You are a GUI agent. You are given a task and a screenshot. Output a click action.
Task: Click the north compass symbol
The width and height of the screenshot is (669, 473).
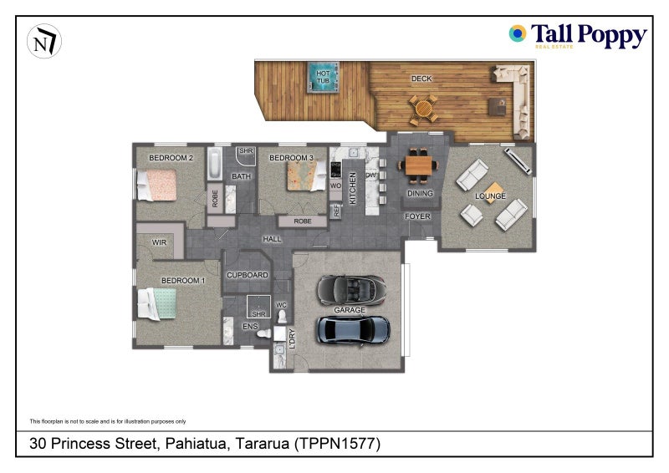pyautogui.click(x=44, y=42)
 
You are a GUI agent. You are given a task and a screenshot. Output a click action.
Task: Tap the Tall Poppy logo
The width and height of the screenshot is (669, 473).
pyautogui.click(x=578, y=35)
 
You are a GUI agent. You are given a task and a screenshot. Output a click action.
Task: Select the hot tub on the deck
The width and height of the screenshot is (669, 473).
pyautogui.click(x=323, y=77)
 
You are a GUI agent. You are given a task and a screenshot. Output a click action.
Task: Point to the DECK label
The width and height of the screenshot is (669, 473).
pyautogui.click(x=421, y=79)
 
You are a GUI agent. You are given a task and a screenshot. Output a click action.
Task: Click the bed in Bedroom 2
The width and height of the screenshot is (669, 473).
pyautogui.click(x=156, y=186)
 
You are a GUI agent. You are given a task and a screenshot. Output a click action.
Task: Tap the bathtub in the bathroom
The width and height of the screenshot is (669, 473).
pyautogui.click(x=215, y=163)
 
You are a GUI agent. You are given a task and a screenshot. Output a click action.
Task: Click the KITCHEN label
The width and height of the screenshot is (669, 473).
pyautogui.click(x=353, y=188)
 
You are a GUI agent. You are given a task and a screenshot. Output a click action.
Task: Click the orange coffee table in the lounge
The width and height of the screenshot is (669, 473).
pyautogui.click(x=493, y=193)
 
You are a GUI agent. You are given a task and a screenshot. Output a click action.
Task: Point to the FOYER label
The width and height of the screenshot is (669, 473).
pyautogui.click(x=417, y=216)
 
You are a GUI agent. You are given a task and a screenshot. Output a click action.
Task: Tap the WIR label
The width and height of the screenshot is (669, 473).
pyautogui.click(x=159, y=242)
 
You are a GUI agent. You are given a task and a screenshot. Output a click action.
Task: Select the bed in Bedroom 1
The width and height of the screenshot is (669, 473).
pyautogui.click(x=156, y=303)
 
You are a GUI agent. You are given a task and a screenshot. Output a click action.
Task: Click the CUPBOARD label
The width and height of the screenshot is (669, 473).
pyautogui.click(x=248, y=275)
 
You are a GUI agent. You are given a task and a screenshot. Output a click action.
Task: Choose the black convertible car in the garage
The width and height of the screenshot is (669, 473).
pyautogui.click(x=351, y=290)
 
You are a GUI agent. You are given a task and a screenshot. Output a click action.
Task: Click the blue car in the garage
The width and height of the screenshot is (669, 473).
pyautogui.click(x=353, y=331)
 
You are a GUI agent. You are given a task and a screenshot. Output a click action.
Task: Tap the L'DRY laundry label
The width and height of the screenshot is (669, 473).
pyautogui.click(x=292, y=338)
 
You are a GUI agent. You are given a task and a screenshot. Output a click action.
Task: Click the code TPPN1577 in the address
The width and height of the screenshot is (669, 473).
pyautogui.click(x=337, y=444)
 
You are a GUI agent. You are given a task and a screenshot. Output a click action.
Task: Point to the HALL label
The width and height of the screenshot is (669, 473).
pyautogui.click(x=272, y=239)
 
